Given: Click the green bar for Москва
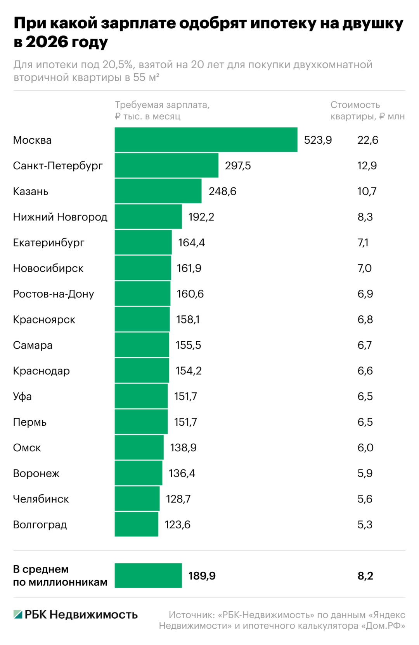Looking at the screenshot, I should [x=206, y=140].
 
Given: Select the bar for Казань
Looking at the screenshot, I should [x=158, y=191].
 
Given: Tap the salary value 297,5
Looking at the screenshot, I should [x=238, y=166].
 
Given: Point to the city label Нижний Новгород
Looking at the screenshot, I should [x=60, y=217].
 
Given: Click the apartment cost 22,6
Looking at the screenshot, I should [x=367, y=140].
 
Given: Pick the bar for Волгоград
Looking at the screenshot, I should [x=136, y=525].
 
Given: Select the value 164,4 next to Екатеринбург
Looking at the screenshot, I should [x=191, y=243].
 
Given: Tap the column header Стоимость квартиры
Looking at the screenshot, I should [x=367, y=110].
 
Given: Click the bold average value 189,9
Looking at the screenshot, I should [x=202, y=576].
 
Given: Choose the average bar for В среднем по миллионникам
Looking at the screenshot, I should [x=148, y=576].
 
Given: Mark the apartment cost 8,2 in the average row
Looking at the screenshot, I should [x=365, y=576].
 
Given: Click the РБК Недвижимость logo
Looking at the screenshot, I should [x=76, y=615].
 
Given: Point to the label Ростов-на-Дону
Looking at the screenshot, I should [x=54, y=294].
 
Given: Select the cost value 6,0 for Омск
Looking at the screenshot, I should [x=365, y=448].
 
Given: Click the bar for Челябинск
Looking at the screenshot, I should [x=137, y=499].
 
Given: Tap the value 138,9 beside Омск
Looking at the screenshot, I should [x=183, y=448].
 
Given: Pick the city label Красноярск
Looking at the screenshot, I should [x=44, y=320].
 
